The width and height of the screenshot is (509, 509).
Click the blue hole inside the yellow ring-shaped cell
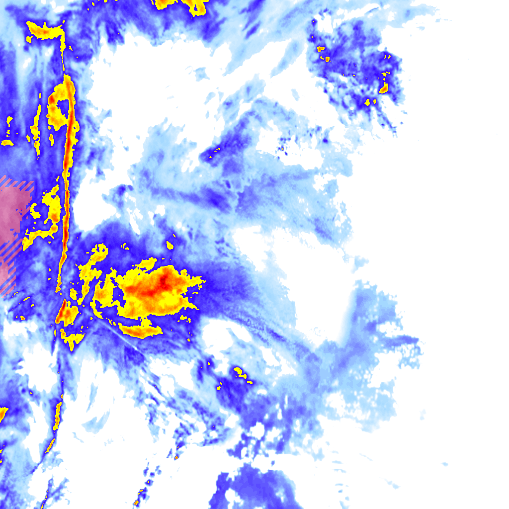[64, 106]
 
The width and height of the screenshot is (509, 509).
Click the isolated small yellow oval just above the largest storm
[170, 245]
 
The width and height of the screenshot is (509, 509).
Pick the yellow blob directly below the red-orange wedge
[73, 340]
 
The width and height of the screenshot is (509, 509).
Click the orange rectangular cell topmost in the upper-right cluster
[321, 49]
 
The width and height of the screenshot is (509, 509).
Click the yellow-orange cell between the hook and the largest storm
[104, 291]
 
